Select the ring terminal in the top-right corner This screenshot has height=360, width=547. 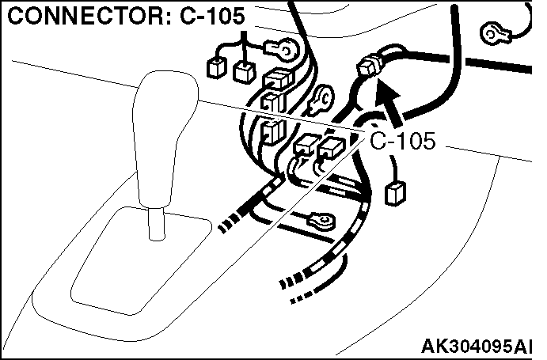click(x=493, y=31)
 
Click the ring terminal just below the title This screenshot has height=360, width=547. click(x=283, y=50)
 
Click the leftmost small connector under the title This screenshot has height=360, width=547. click(x=215, y=67)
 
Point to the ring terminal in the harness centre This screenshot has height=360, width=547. click(x=323, y=100)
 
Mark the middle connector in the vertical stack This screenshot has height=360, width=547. click(x=270, y=102)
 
